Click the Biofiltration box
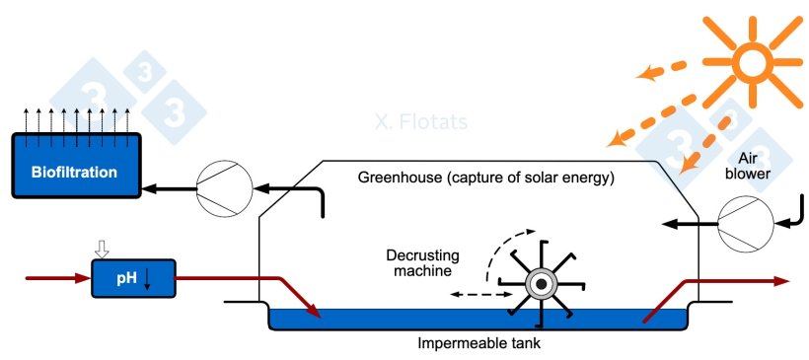click(x=73, y=173)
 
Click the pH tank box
click(x=133, y=278)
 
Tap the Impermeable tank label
click(x=479, y=344)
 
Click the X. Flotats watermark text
click(x=420, y=122)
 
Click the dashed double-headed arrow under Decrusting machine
click(x=480, y=294)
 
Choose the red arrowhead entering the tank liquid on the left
click(x=316, y=315)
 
